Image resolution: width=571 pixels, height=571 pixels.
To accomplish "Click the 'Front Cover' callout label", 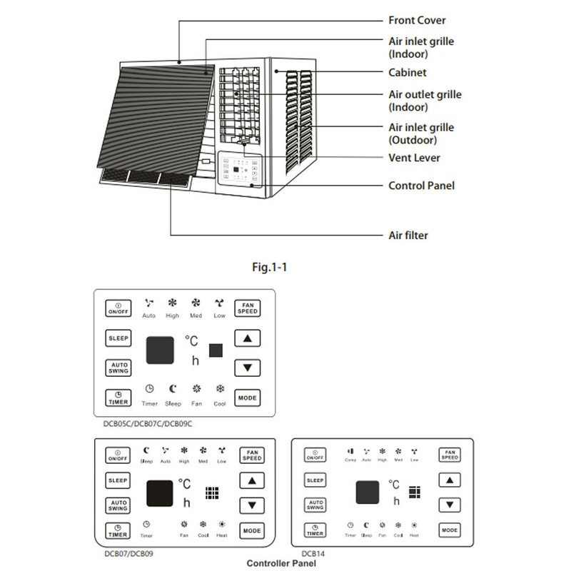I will click(417, 21).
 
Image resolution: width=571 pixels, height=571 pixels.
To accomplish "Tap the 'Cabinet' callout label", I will click(408, 73).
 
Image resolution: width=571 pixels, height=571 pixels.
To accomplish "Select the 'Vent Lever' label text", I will click(415, 158).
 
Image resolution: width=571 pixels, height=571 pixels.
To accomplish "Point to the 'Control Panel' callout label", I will click(421, 186).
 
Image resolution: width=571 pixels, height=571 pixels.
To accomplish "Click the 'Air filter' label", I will click(408, 234).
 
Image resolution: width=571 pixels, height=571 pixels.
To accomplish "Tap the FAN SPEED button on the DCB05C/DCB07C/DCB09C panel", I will click(248, 308).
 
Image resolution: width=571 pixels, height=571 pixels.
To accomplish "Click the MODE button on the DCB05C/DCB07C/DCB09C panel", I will click(248, 398).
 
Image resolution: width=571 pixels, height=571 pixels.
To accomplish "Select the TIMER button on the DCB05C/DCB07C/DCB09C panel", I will click(118, 398).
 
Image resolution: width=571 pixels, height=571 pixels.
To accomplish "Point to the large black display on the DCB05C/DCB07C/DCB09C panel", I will click(161, 350).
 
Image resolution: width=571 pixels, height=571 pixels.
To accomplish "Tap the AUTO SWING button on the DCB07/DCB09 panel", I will click(118, 505).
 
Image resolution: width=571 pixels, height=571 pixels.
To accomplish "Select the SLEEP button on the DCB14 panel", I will click(314, 481).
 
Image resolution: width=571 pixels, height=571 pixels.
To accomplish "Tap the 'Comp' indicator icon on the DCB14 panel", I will click(350, 452).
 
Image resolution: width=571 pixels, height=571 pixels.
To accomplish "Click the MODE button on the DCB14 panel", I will click(449, 530).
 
